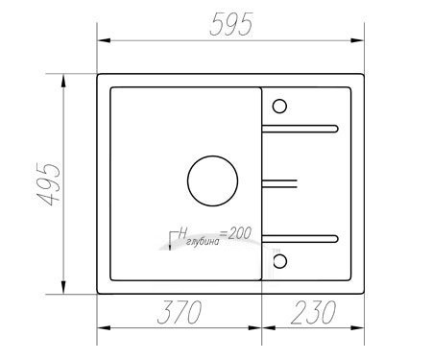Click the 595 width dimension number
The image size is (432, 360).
point(231,24)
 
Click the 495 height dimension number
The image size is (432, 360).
point(47,184)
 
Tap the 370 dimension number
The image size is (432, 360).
point(180,312)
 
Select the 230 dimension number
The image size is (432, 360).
point(313,312)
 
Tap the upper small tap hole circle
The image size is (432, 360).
point(279,107)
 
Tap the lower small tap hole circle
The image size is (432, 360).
point(279,261)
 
